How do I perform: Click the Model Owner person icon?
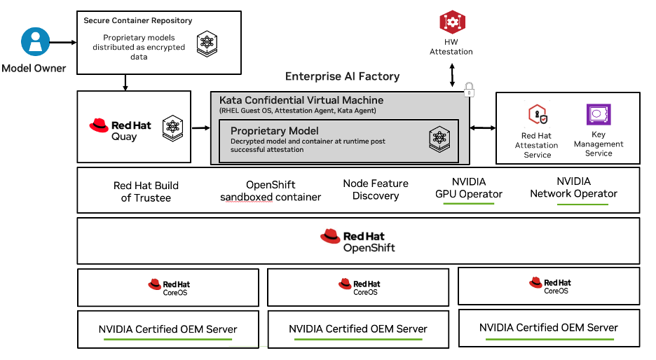click(x=34, y=41)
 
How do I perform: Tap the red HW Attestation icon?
click(x=452, y=22)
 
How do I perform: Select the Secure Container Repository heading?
click(x=137, y=20)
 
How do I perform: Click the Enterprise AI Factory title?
click(x=342, y=76)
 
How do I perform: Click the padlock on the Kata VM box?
click(x=469, y=90)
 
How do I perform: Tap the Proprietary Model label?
click(x=274, y=131)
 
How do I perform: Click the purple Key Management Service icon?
click(x=598, y=114)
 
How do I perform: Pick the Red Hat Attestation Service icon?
click(x=537, y=114)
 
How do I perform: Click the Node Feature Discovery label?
click(x=375, y=190)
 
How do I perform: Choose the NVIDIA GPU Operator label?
click(x=468, y=188)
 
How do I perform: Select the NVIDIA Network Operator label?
click(x=573, y=188)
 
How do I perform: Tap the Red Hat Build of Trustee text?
click(x=146, y=192)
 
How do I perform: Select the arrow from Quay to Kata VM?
click(x=201, y=127)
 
